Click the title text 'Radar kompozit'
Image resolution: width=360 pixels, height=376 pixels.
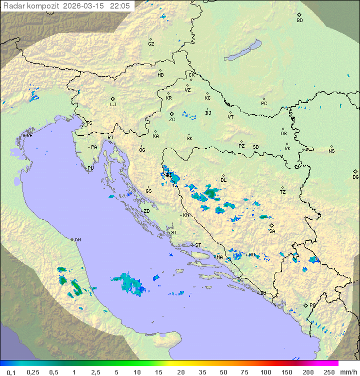tap(31, 6)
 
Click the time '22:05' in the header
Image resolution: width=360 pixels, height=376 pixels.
tap(120, 6)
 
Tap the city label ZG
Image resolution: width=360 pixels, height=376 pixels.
tap(172, 120)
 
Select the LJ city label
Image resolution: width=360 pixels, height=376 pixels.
tap(113, 104)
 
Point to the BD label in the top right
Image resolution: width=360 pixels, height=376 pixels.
tap(299, 21)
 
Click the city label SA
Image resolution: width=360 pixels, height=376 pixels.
tap(272, 231)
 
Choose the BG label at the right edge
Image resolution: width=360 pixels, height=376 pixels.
tap(355, 177)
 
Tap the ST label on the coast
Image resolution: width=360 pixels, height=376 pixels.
tap(198, 245)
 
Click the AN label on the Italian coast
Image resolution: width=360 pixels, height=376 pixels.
tap(77, 240)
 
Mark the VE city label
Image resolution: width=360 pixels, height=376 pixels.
tap(29, 136)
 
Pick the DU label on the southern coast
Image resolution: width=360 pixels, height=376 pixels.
tap(262, 293)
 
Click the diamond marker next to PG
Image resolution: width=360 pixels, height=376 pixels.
tap(306, 305)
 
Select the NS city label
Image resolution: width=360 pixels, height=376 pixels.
tap(331, 151)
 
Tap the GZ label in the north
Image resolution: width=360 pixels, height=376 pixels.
tap(151, 44)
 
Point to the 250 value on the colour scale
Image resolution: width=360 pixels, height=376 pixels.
tap(328, 372)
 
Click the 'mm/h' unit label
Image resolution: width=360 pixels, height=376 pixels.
tap(346, 372)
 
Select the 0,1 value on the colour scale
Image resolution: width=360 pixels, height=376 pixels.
tap(11, 372)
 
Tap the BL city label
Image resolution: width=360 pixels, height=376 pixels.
tap(223, 180)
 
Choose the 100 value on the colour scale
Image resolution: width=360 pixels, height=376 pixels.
tap(265, 372)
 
